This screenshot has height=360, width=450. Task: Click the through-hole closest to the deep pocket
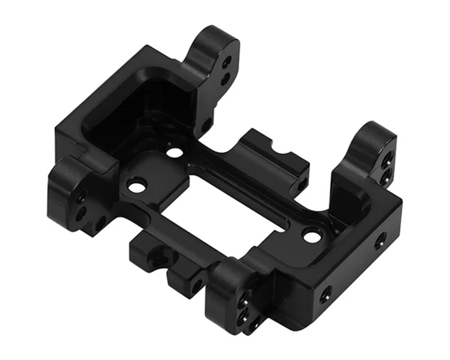click(173, 152)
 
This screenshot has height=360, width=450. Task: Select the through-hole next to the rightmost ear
click(312, 235)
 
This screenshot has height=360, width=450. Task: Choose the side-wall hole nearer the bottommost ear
click(325, 294)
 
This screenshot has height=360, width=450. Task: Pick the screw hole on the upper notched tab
click(302, 184)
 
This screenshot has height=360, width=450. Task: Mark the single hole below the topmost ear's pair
click(206, 124)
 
